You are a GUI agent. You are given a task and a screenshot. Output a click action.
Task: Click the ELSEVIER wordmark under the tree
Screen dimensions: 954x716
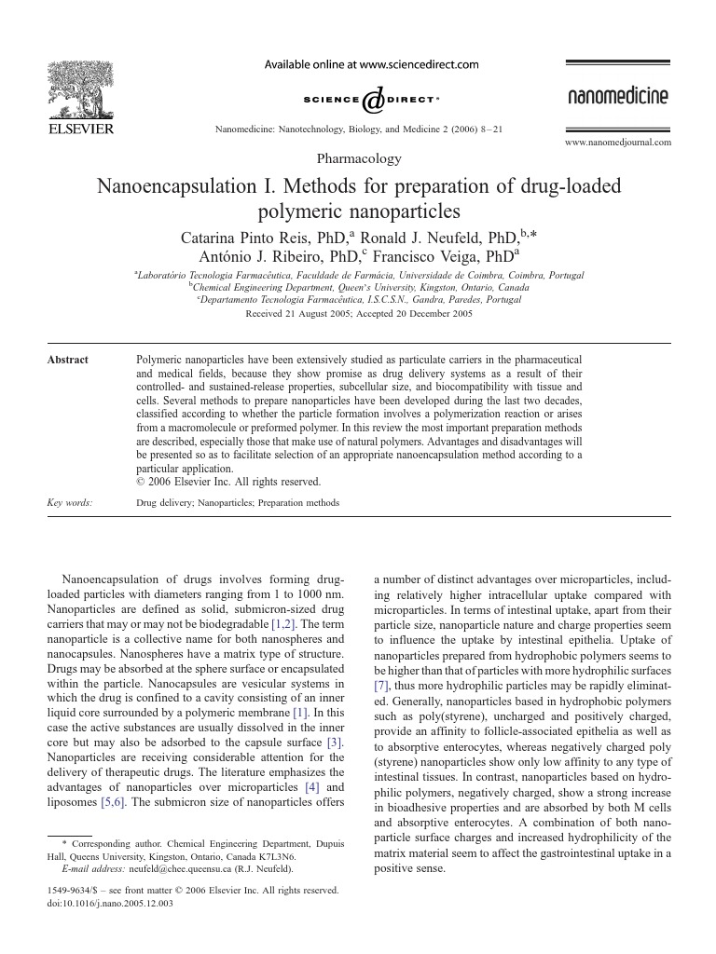pyautogui.click(x=80, y=128)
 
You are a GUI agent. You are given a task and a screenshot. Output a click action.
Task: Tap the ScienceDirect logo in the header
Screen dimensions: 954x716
pyautogui.click(x=371, y=99)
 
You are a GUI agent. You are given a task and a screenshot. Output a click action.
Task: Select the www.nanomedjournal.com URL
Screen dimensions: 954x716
pyautogui.click(x=618, y=143)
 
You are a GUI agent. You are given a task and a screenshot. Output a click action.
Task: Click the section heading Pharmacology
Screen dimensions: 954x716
pyautogui.click(x=359, y=159)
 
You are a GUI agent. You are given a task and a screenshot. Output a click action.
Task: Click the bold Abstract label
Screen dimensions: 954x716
pyautogui.click(x=67, y=360)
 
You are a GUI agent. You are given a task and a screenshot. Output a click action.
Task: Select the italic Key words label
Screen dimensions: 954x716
pyautogui.click(x=69, y=503)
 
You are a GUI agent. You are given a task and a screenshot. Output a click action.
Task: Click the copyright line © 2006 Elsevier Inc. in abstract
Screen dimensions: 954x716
pyautogui.click(x=228, y=482)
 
